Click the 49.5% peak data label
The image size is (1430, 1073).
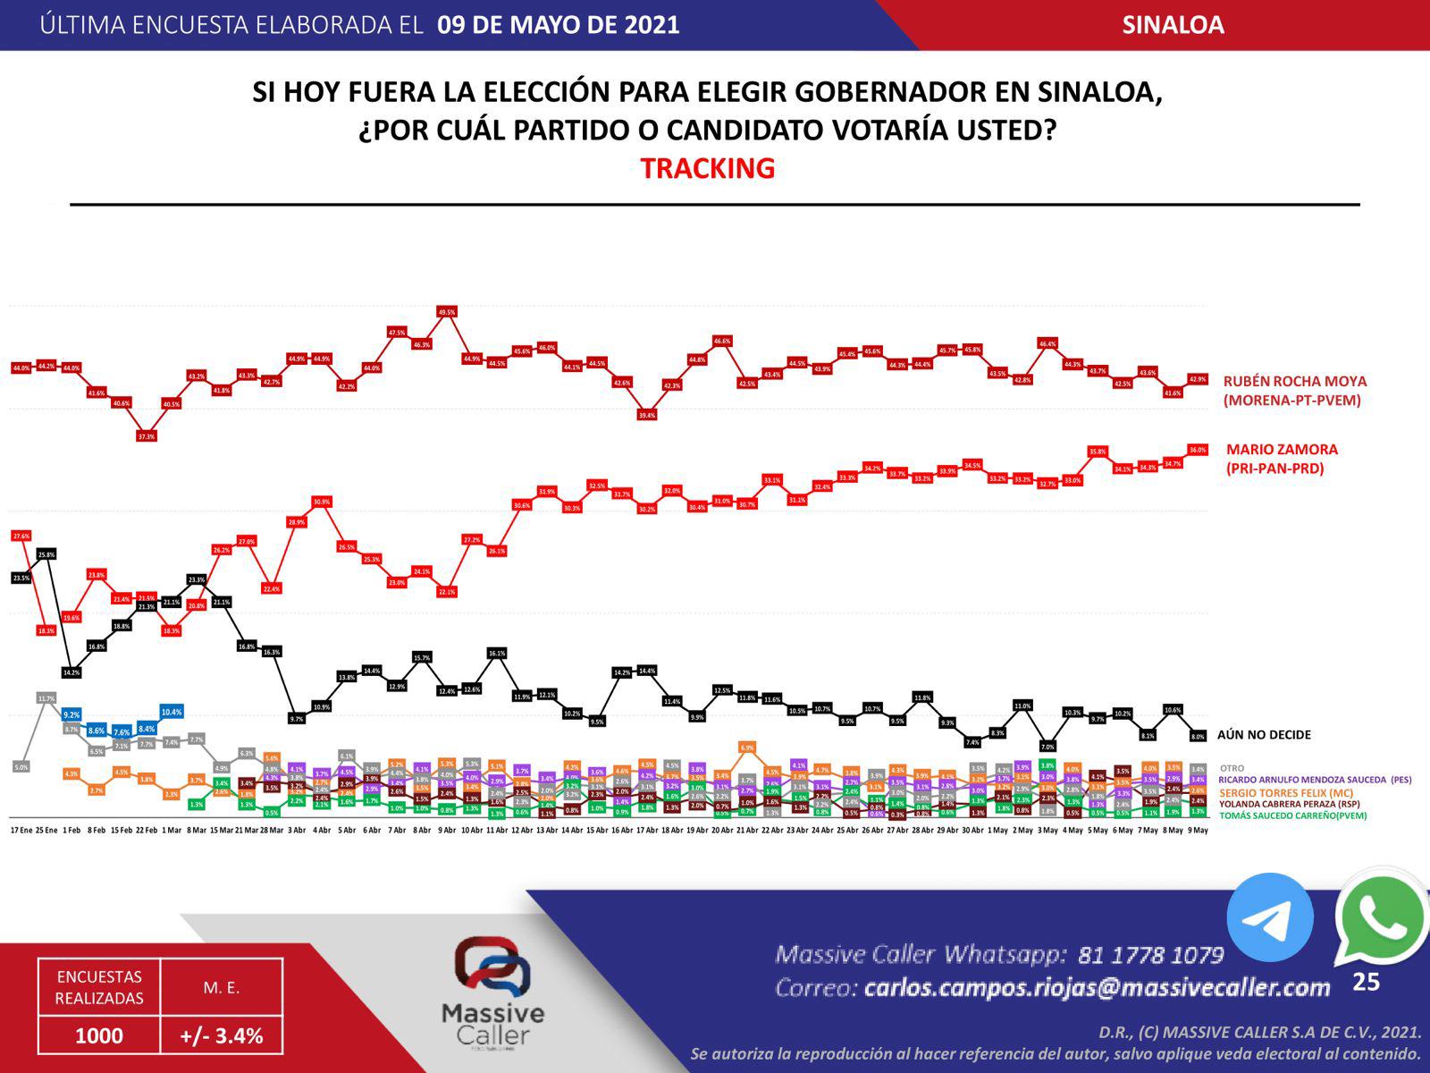pos(447,312)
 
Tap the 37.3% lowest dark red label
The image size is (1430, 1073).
pos(147,436)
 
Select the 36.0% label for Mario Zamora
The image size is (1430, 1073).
pos(1198,450)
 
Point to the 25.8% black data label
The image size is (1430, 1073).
pos(46,554)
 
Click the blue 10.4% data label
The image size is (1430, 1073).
pos(172,713)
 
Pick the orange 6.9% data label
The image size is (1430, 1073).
pos(748,747)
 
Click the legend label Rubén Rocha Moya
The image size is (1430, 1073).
pos(1294,381)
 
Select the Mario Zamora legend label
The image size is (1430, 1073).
pos(1282,450)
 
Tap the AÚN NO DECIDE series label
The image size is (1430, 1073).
pos(1264,735)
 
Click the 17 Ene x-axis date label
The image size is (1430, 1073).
pos(21,831)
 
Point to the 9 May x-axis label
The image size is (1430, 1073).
pos(1198,831)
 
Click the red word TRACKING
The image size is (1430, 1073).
pos(707,168)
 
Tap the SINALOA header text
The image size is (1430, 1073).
pos(1173,25)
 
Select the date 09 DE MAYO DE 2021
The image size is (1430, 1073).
pos(559,25)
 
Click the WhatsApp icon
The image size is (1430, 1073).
pos(1380,919)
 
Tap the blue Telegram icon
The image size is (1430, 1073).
pos(1269,917)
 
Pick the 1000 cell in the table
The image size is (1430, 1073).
pos(99,1035)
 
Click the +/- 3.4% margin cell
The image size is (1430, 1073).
pos(222,1035)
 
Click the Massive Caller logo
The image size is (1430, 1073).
pos(492,993)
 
